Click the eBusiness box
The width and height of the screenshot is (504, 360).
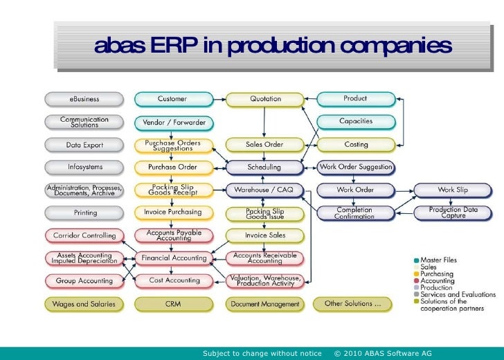84,99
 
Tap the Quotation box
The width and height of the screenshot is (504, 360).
265,99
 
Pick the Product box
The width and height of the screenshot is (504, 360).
355,99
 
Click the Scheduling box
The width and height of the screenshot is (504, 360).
265,167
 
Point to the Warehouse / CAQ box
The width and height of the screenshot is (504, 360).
265,189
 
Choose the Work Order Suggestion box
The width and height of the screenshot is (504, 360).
355,167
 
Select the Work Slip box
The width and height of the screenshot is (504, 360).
453,189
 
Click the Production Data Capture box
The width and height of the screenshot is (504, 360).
453,212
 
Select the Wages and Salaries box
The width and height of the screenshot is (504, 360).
84,303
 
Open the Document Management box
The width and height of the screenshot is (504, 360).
265,303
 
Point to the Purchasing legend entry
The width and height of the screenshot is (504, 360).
437,273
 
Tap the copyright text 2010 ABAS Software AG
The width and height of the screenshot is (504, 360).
383,354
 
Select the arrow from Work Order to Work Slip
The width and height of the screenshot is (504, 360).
404,189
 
